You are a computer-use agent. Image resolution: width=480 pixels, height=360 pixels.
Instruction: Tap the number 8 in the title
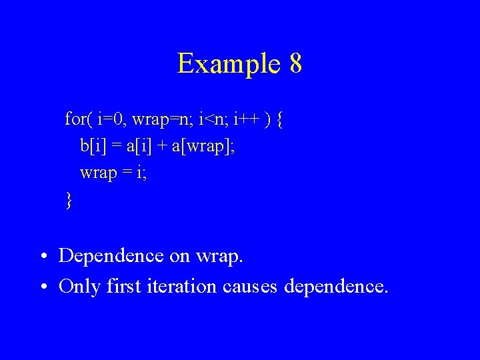coord(296,64)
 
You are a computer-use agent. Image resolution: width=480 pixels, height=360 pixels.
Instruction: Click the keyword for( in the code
coord(79,120)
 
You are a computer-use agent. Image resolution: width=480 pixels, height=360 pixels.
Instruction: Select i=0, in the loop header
coord(111,120)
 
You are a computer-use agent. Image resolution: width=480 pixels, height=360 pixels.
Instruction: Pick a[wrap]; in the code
coord(203,146)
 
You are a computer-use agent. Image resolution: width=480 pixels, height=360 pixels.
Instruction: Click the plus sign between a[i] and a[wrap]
coord(161,147)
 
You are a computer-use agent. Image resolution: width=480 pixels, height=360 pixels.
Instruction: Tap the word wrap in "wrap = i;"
coord(97,173)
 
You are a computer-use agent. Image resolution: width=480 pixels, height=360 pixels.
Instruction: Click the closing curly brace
coord(68,199)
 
